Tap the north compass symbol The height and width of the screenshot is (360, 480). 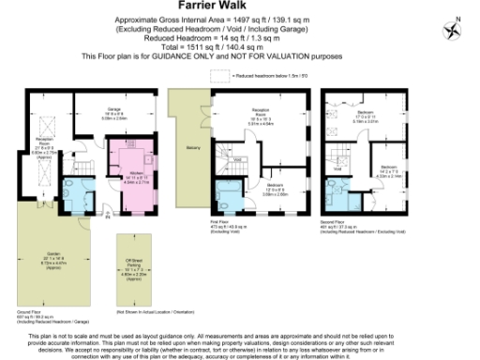(x=457, y=28)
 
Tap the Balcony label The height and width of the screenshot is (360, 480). (x=193, y=148)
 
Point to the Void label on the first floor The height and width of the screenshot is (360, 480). (x=238, y=159)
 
